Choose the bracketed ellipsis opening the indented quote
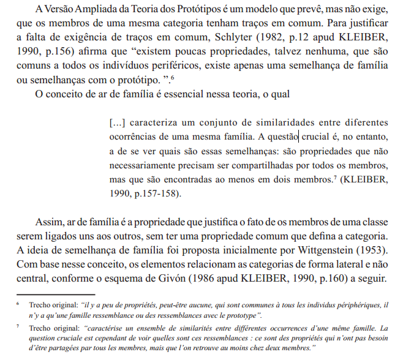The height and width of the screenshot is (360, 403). (116, 122)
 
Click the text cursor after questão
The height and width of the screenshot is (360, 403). (298, 136)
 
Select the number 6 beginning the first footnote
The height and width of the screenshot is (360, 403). (18, 304)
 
